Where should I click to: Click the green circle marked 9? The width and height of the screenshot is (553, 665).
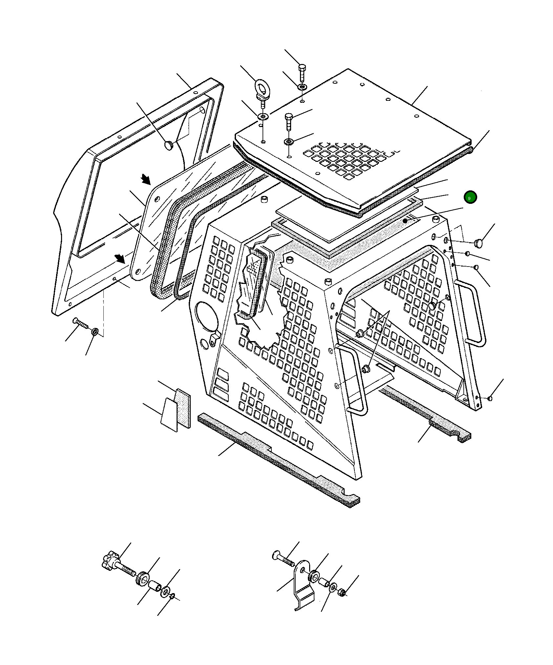pos(470,198)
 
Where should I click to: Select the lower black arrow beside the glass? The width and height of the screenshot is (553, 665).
pos(120,259)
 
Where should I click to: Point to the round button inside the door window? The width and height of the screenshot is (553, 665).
pos(169,145)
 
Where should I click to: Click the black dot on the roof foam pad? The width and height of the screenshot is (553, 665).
pos(406,221)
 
